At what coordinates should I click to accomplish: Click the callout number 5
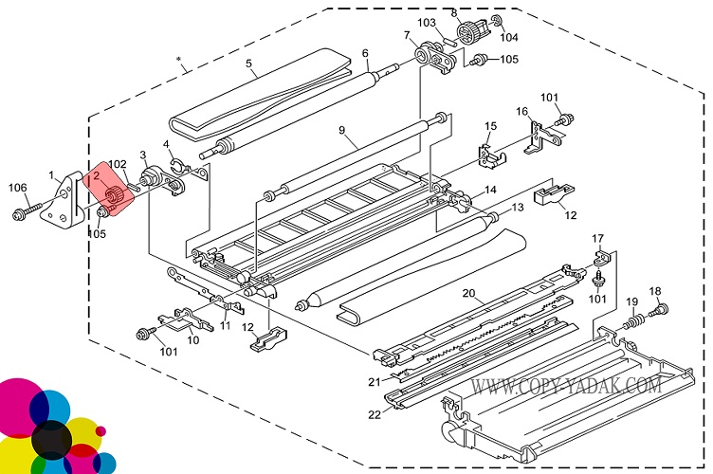click(248, 65)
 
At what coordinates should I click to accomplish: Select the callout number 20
click(467, 293)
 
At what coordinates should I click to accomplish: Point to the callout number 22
click(375, 415)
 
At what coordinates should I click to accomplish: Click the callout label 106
click(18, 187)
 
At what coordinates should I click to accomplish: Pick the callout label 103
click(427, 22)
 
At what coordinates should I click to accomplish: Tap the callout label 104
click(509, 38)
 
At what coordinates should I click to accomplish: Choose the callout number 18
click(654, 290)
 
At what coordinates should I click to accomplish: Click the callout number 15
click(490, 126)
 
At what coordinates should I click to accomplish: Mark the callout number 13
click(518, 207)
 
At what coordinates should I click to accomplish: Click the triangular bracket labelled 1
click(64, 203)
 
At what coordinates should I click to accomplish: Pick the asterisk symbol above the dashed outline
click(179, 60)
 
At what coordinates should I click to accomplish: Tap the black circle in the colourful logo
click(51, 437)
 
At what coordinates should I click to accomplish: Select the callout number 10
click(192, 339)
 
